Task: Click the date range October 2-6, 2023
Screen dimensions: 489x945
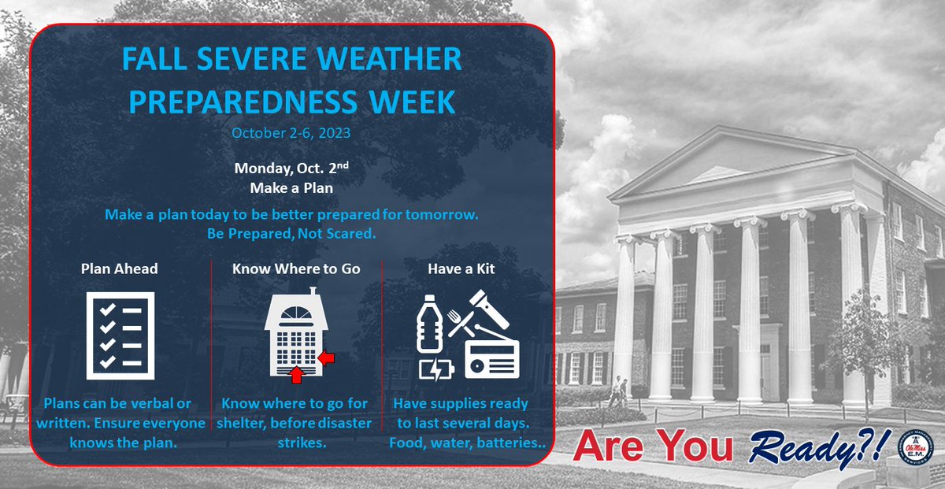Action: coord(291,133)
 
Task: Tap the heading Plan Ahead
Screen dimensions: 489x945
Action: coord(120,269)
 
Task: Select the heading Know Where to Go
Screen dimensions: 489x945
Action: coord(296,269)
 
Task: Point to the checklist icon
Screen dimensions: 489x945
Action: coord(118,333)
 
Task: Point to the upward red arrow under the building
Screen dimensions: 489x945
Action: coord(297,376)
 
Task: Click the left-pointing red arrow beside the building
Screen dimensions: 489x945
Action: coord(327,359)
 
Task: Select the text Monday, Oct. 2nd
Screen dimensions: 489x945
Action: coord(291,168)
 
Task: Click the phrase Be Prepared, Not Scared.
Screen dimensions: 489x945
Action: coord(291,233)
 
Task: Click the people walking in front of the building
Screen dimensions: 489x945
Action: coord(617,391)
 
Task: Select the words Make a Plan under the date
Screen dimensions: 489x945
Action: coord(291,188)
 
